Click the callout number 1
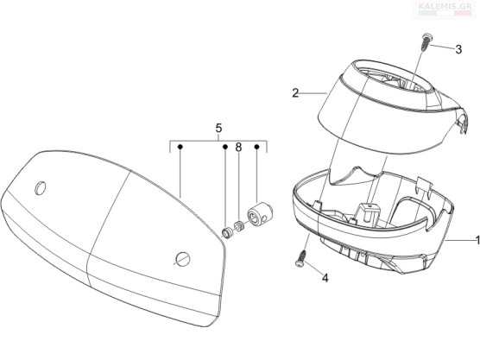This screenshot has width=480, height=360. click(x=477, y=240)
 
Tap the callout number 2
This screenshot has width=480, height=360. click(x=295, y=92)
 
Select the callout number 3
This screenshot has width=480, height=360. click(x=458, y=49)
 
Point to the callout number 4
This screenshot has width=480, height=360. click(x=325, y=278)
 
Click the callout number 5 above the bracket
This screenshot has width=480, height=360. click(x=218, y=129)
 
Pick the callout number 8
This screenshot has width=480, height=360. click(x=238, y=148)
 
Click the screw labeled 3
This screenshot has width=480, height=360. click(x=425, y=43)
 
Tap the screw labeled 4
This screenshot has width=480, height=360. click(x=300, y=259)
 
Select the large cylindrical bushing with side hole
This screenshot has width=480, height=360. click(x=260, y=213)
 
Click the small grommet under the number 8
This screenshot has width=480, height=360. click(x=238, y=226)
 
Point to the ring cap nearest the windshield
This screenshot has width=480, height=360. click(x=227, y=232)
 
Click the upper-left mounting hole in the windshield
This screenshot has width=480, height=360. click(x=41, y=187)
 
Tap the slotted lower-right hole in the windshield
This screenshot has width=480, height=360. click(x=183, y=259)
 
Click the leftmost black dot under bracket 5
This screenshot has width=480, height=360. click(x=180, y=148)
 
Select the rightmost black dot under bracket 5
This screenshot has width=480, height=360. click(x=257, y=148)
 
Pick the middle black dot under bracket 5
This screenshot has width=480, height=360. click(x=225, y=148)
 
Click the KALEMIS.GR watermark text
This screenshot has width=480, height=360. click(x=445, y=6)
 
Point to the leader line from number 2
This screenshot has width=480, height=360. click(x=313, y=92)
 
